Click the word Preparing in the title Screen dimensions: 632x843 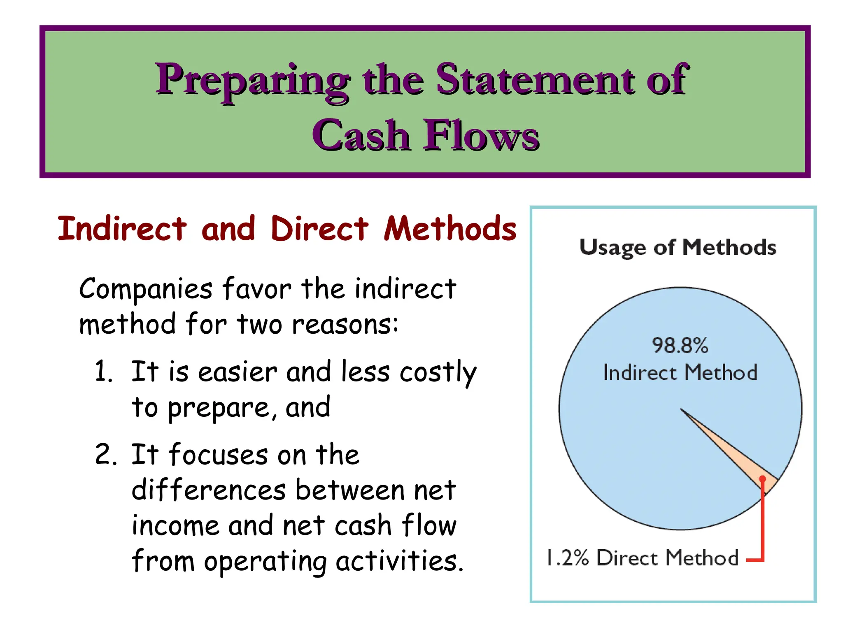[x=252, y=81]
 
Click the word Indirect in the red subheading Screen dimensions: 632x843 [x=122, y=229]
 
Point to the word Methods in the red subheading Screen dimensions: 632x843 [x=450, y=229]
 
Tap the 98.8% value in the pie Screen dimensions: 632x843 [x=680, y=345]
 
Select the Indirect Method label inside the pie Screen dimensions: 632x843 [x=680, y=372]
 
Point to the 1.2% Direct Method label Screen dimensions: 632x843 [x=642, y=558]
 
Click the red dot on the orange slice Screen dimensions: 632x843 [x=762, y=479]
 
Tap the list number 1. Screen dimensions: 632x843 [x=103, y=371]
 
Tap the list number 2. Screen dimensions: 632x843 [x=105, y=455]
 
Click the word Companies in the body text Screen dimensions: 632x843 [x=146, y=289]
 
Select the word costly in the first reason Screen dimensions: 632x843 [x=438, y=372]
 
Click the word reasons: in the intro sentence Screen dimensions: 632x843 [x=345, y=325]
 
